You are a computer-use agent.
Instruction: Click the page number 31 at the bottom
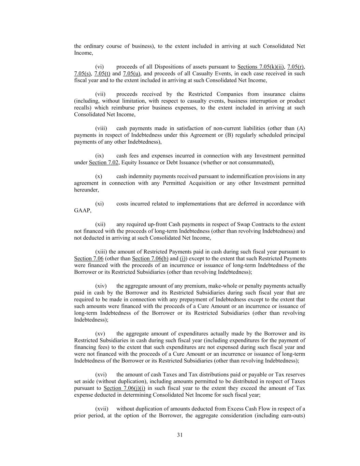point(180,435)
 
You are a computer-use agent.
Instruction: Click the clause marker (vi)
point(99,67)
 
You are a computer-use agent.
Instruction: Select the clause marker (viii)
point(101,128)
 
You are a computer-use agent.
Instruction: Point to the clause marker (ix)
point(99,156)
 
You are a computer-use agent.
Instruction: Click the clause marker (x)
point(99,176)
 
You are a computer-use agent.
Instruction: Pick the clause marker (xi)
point(99,204)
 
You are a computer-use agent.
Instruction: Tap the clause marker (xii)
point(100,224)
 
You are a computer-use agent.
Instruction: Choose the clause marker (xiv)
point(101,286)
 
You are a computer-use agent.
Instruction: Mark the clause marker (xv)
point(100,334)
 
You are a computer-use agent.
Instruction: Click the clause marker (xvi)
point(101,375)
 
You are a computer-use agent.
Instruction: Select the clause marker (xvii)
point(101,409)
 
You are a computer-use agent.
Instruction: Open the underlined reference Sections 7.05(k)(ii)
point(261,67)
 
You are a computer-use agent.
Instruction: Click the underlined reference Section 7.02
point(103,163)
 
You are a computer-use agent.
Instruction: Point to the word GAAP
point(82,211)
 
